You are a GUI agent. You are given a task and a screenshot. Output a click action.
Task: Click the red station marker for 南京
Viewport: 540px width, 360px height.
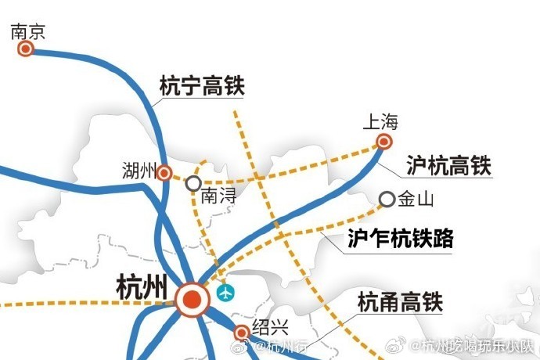click(26, 49)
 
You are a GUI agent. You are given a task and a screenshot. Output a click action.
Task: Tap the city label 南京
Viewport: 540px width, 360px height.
click(27, 31)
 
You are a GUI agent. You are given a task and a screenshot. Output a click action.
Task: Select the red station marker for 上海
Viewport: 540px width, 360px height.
click(383, 142)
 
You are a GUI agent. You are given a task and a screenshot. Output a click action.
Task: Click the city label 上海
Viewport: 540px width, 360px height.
click(381, 122)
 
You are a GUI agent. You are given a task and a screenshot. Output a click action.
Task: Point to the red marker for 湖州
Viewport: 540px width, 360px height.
click(164, 173)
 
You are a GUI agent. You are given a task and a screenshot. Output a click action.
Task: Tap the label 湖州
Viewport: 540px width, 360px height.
click(139, 170)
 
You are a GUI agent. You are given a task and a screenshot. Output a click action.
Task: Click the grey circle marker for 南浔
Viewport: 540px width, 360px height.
click(193, 183)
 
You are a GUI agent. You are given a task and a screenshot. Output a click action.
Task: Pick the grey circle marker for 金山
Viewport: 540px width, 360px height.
click(387, 200)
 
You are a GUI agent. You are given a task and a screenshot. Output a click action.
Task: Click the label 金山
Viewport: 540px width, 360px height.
click(416, 200)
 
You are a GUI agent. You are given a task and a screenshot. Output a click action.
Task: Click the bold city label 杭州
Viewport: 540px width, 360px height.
click(141, 286)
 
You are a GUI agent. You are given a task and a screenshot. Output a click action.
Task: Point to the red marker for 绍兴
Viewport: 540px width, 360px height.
click(242, 332)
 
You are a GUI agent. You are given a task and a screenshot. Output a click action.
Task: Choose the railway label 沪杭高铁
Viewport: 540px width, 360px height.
click(448, 165)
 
